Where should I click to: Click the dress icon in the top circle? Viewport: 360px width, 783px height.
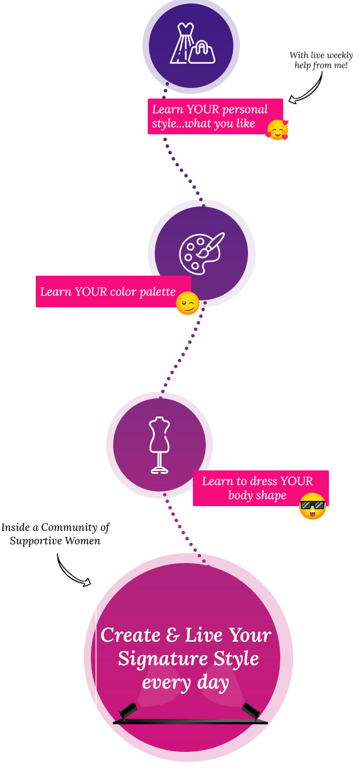(182, 43)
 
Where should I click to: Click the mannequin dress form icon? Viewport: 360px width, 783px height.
(159, 445)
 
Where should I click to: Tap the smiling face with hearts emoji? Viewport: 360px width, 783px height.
(277, 130)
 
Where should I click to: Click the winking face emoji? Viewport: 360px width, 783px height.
(188, 303)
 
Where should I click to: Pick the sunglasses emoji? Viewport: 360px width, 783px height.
(313, 506)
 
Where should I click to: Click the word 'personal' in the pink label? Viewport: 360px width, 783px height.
(244, 110)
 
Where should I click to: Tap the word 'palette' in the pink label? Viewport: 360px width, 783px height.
(157, 292)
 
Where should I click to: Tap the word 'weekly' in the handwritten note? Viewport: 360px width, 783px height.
(339, 56)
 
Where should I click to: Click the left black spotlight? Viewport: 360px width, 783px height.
(128, 710)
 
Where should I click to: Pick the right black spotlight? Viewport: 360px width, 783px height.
(251, 710)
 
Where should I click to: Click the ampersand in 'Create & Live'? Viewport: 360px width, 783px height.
(173, 635)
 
